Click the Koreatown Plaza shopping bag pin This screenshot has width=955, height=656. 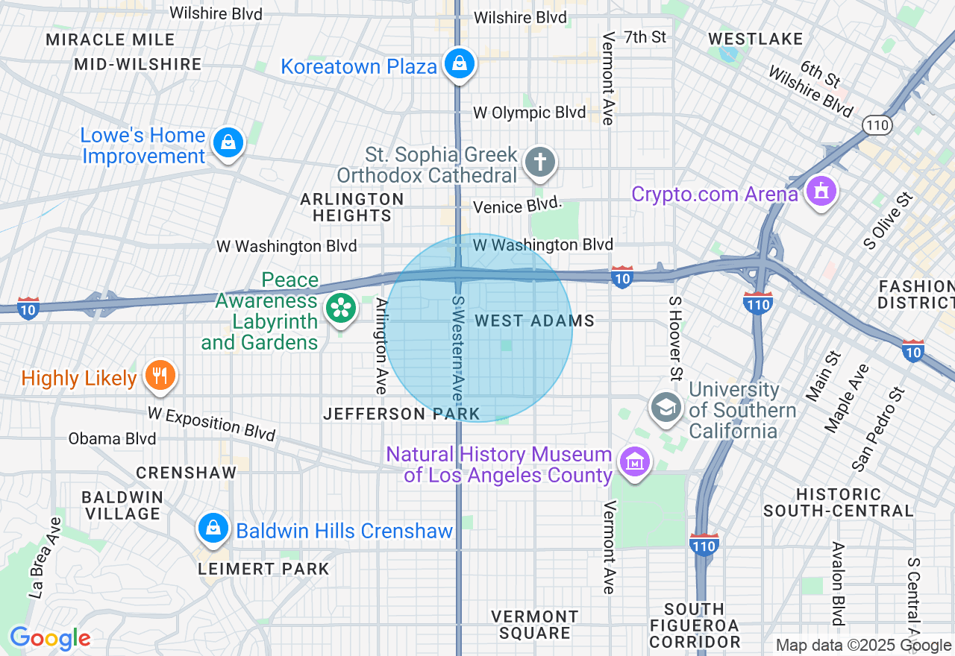[460, 64]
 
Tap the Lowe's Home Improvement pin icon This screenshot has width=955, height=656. [228, 142]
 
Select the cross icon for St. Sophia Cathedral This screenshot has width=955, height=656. [540, 162]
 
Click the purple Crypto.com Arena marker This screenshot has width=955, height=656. [821, 192]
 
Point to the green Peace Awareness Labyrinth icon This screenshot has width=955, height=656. [341, 307]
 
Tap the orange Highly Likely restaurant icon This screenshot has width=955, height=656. [159, 375]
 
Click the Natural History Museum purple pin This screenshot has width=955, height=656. [635, 462]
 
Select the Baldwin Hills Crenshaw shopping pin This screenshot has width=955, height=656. [213, 529]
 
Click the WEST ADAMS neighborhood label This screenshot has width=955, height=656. [535, 321]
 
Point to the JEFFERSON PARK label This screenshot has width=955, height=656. [401, 414]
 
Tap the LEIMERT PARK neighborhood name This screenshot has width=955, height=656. [263, 569]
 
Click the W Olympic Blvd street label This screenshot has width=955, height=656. [530, 113]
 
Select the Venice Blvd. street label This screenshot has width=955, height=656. [517, 206]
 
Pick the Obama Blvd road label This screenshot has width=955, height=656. [112, 438]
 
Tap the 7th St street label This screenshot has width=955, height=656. [645, 37]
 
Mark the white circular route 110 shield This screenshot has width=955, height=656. [877, 124]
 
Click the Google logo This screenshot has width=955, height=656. [50, 639]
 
